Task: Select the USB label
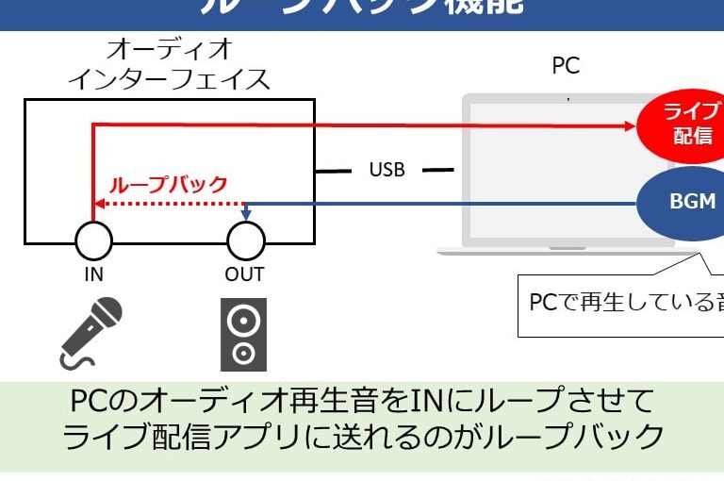point(387,170)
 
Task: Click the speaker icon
point(243,334)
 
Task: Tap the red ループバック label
point(170,184)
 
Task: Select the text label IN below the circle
point(93,274)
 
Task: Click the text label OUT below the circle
point(245,274)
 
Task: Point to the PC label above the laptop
point(566,66)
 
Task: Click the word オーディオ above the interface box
point(170,49)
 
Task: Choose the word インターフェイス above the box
point(170,78)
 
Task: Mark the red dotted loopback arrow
point(170,203)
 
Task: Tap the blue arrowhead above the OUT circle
point(245,216)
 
